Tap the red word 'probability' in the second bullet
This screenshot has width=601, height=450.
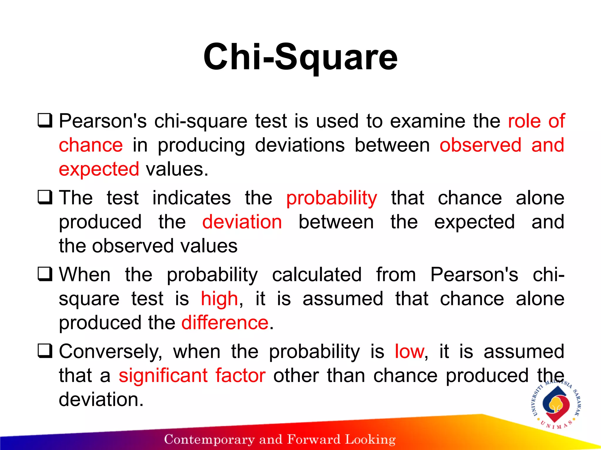tap(332, 198)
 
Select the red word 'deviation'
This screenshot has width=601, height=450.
tap(242, 222)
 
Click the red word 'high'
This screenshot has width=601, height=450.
tap(219, 299)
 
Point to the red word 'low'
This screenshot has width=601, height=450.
tap(409, 352)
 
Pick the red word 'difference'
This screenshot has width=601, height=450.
tap(225, 323)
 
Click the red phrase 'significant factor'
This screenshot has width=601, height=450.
tap(192, 376)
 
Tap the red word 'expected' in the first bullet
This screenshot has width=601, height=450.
tap(99, 169)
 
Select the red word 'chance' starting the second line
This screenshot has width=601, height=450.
tap(91, 145)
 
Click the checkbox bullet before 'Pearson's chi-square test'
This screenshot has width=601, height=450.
tap(45, 121)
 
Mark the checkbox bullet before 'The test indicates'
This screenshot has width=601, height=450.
tap(45, 198)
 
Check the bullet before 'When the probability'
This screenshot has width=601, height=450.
tap(45, 275)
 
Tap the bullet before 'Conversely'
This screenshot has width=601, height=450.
tap(45, 351)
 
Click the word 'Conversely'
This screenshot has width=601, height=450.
tap(110, 352)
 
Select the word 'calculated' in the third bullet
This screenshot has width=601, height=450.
tap(317, 275)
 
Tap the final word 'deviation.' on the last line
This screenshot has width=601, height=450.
tap(101, 400)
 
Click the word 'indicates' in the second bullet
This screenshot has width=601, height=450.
tap(192, 198)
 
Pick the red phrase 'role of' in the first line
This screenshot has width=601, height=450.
tap(536, 121)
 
